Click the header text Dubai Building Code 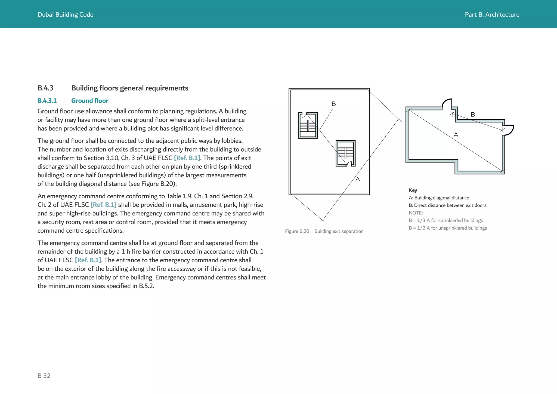point(65,15)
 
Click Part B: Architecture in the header point(492,15)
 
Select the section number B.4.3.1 point(47,101)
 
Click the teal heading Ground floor point(90,101)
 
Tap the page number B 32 point(44,375)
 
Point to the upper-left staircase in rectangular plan point(308,125)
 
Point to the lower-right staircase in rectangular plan point(345,153)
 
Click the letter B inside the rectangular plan point(334,104)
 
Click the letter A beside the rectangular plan point(358,179)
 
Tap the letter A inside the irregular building point(456,135)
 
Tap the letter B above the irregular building point(473,115)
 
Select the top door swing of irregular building point(447,104)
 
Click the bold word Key point(413,190)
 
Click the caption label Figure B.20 point(297,231)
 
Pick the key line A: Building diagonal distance point(439,198)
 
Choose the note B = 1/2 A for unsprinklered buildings point(448,228)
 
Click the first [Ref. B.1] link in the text point(187,158)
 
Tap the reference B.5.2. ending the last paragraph point(146,286)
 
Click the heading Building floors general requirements point(129,88)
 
